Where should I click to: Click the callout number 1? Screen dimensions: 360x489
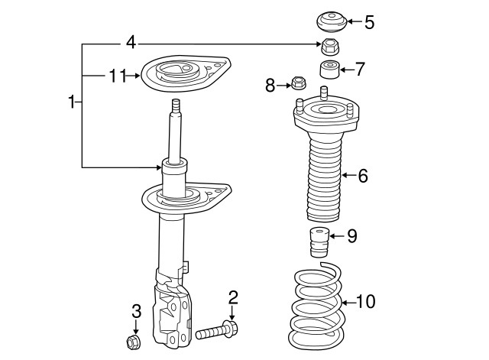72,102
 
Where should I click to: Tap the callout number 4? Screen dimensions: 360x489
131,42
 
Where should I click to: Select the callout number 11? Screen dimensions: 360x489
116,75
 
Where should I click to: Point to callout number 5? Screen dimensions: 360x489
369,21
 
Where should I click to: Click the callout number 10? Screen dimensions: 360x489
365,302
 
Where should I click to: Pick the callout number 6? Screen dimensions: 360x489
362,176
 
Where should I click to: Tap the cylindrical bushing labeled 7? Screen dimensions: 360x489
331,70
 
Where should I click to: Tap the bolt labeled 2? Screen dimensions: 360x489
218,332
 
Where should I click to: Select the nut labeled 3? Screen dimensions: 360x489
131,340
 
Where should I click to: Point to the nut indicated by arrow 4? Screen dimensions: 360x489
330,45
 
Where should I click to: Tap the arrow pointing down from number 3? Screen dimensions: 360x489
136,326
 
